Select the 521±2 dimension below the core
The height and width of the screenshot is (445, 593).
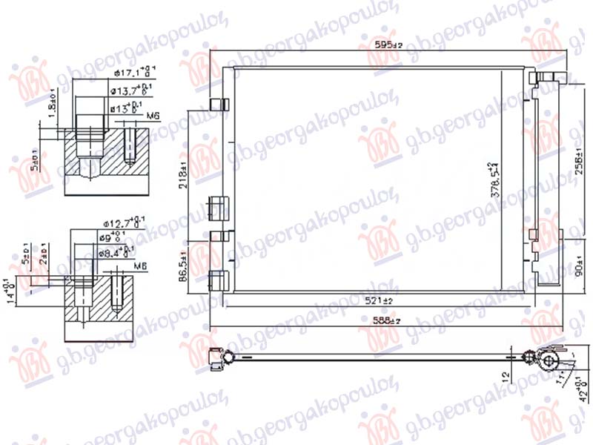pyautogui.click(x=388, y=300)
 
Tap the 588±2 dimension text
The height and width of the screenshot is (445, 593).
pyautogui.click(x=388, y=320)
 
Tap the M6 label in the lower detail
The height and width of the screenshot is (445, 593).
pyautogui.click(x=141, y=265)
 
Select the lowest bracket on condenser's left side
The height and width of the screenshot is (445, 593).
pyautogui.click(x=218, y=280)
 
